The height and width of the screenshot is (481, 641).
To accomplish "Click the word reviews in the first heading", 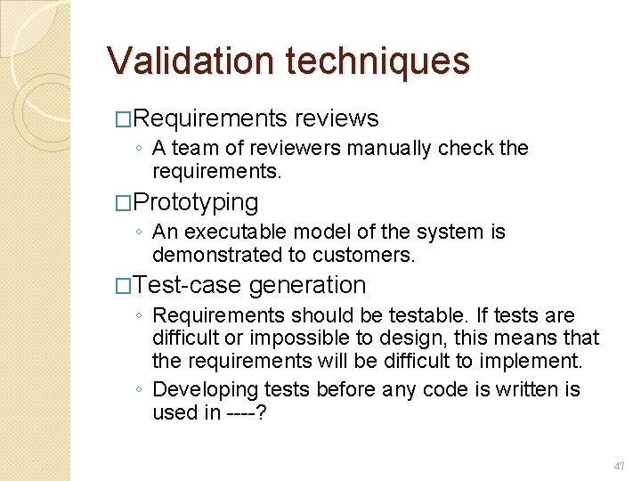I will coord(337,118).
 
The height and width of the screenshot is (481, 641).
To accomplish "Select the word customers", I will coord(371,255).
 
